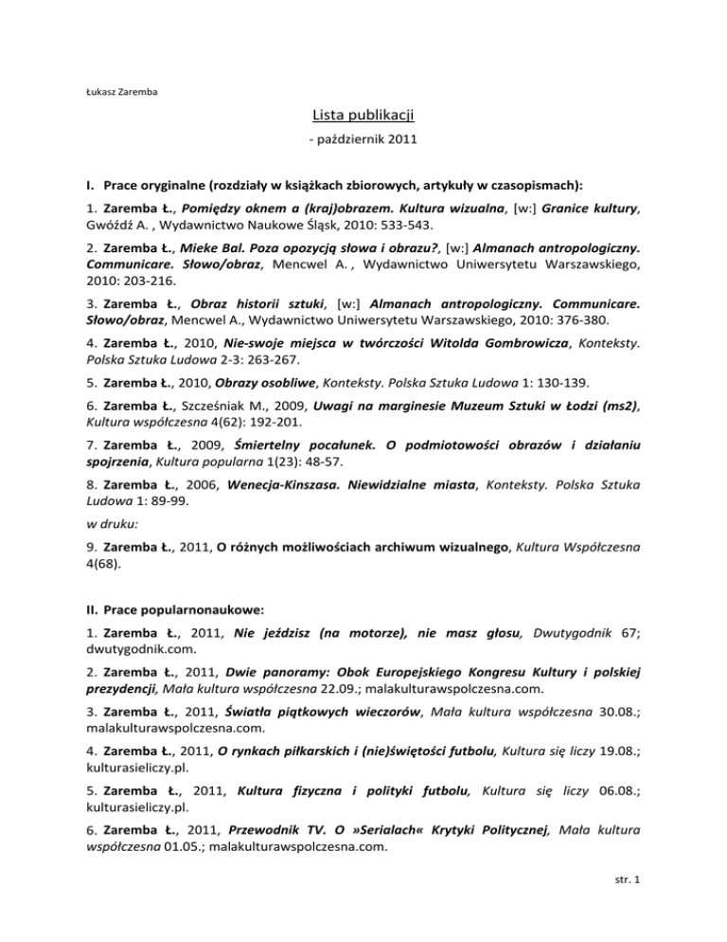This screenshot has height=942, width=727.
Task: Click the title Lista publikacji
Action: point(363,117)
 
